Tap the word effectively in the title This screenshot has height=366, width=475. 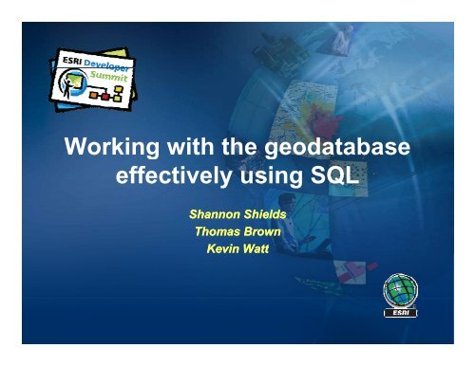click(x=162, y=178)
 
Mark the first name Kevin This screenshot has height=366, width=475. click(x=220, y=247)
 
